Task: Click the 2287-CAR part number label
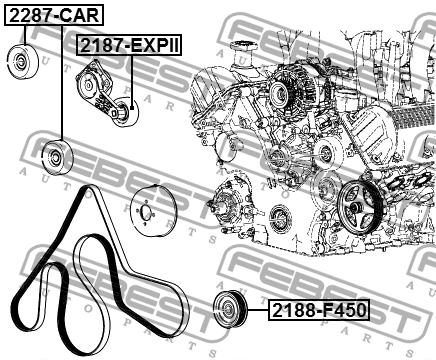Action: coord(54,15)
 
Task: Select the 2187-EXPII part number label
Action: coord(130,45)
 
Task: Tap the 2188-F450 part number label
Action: coord(319,310)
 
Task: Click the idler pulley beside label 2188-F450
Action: coord(230,309)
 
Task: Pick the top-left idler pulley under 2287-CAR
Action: coord(23,61)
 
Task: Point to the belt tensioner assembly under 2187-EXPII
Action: coord(107,94)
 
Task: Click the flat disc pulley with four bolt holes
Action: coord(152,212)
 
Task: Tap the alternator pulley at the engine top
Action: coord(279,92)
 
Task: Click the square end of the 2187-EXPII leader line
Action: coord(132,107)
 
